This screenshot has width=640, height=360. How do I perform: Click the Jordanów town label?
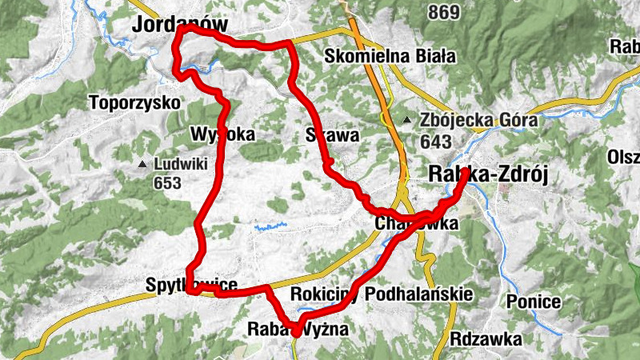180,26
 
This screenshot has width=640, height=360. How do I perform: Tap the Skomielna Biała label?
390,57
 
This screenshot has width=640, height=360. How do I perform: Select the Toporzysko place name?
135,103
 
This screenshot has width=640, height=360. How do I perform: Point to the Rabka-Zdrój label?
488,175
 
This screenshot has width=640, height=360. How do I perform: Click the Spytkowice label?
192,285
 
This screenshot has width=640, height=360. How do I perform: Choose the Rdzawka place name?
486,339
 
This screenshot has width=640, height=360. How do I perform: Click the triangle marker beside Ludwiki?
142,165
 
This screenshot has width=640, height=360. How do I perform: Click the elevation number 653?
168,183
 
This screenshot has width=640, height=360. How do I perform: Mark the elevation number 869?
444,12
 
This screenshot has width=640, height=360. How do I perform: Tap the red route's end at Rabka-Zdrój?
465,172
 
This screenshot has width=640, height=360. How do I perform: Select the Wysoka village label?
223,134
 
